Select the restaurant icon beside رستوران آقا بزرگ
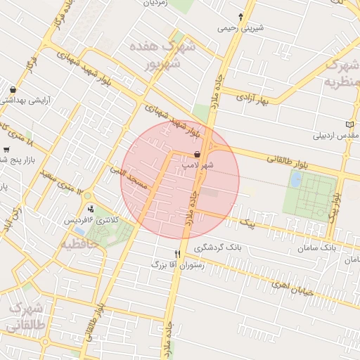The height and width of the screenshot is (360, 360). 177,254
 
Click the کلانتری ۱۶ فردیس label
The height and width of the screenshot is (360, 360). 92,221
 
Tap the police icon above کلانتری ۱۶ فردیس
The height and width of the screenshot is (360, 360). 91,209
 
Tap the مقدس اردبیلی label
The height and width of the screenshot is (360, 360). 337,134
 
